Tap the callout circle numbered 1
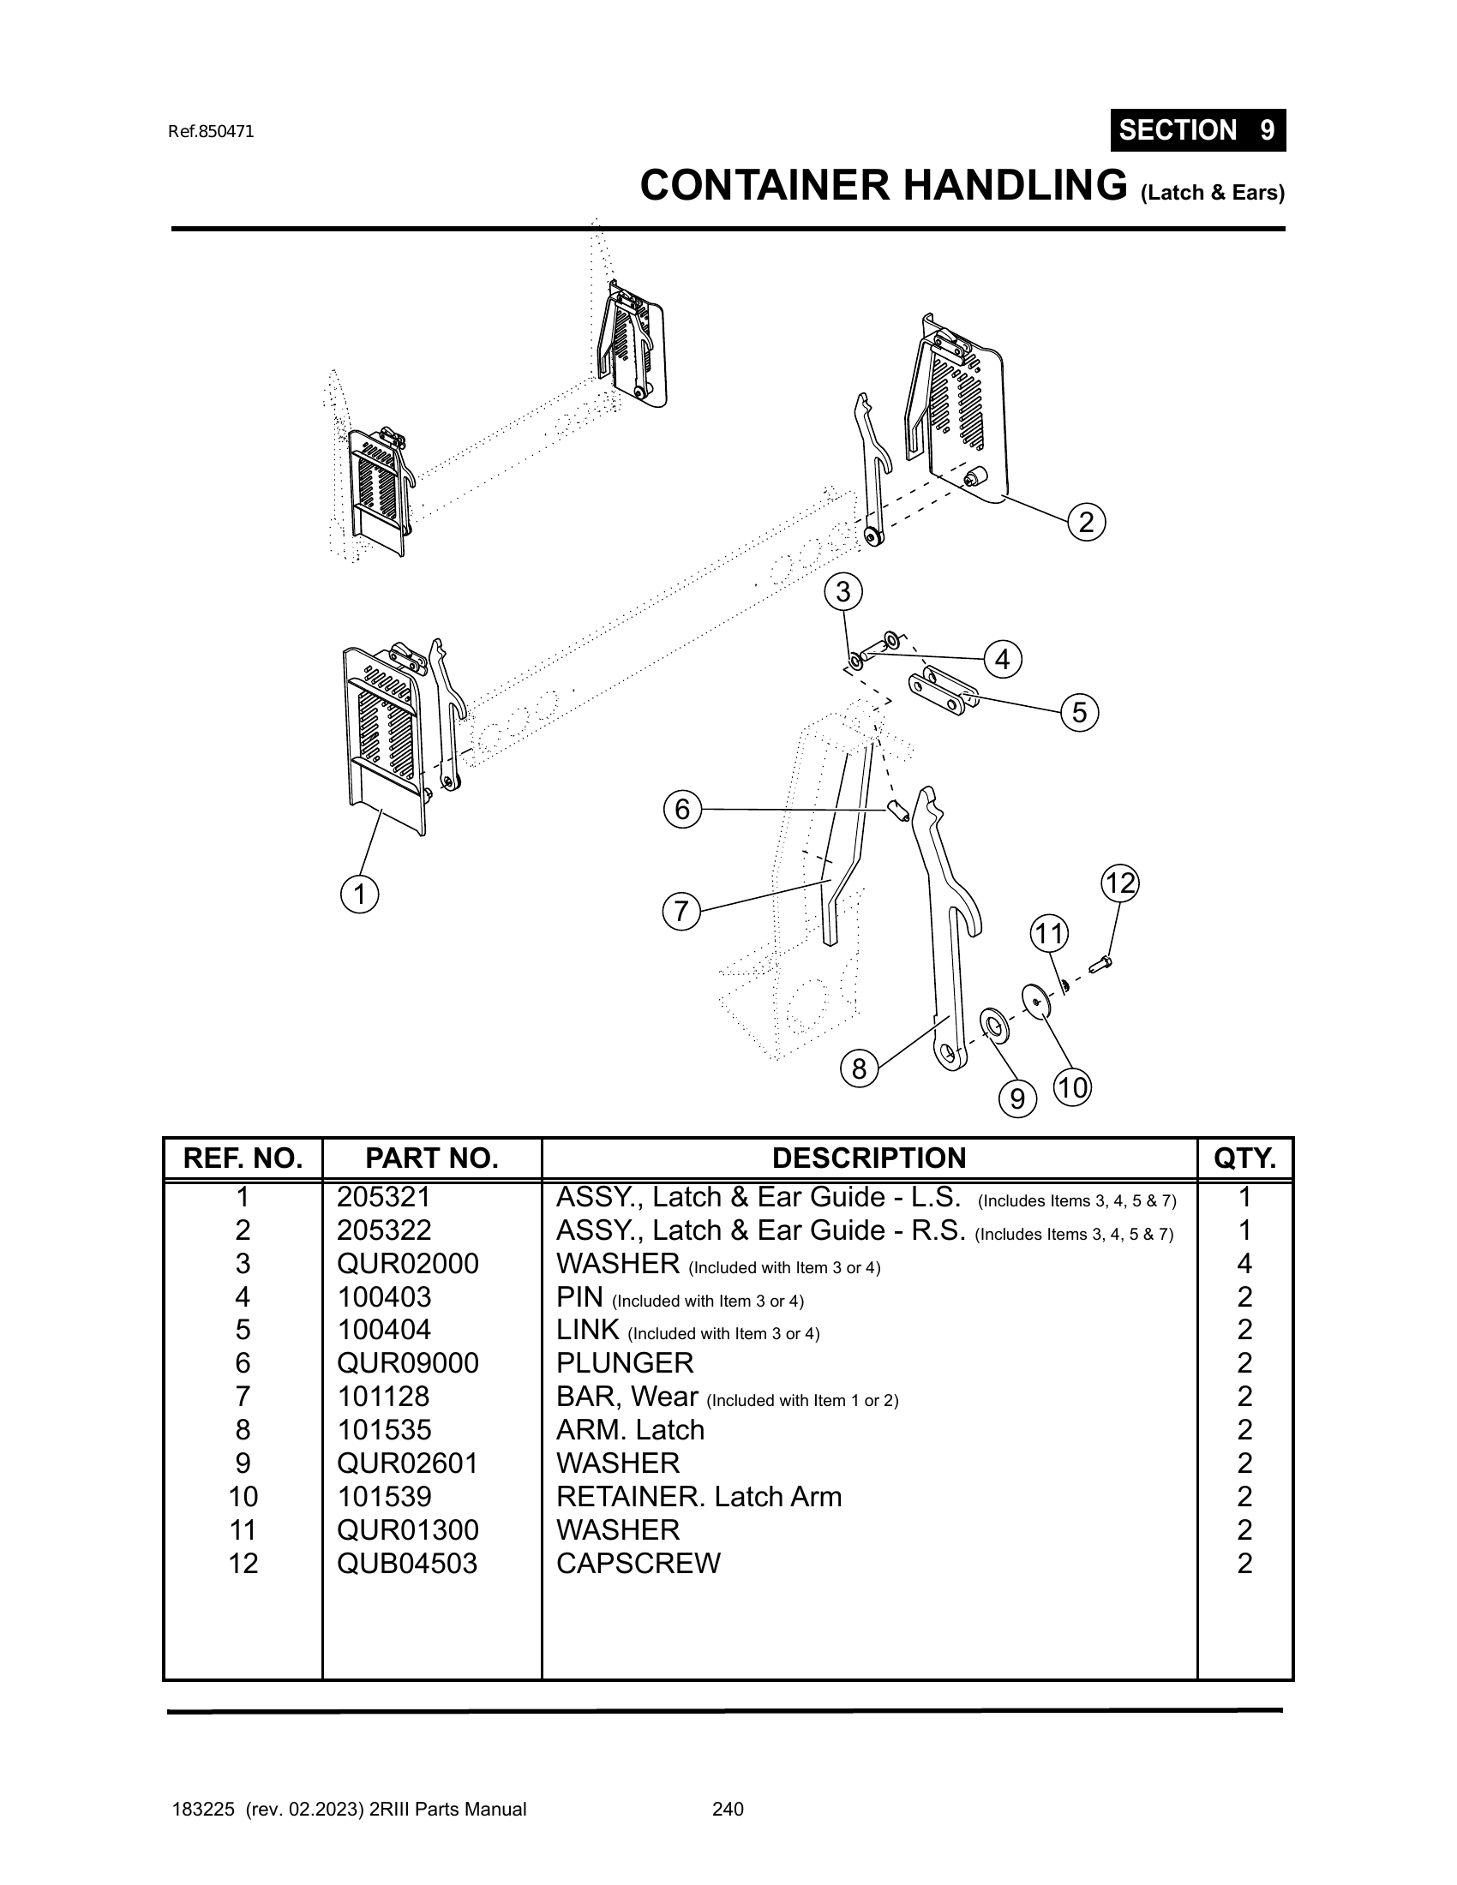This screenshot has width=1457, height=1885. click(x=360, y=895)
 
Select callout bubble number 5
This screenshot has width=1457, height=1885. click(x=1079, y=713)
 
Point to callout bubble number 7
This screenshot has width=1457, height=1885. click(x=681, y=912)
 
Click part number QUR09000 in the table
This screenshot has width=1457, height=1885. click(x=407, y=1363)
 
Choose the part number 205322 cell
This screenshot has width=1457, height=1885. click(x=384, y=1230)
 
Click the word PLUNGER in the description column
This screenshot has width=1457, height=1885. click(x=625, y=1363)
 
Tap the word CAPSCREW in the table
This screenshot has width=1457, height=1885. click(x=638, y=1563)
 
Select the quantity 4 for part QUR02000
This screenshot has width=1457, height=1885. click(x=1244, y=1264)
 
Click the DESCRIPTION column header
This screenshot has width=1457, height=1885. click(x=868, y=1158)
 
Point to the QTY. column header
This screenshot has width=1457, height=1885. click(x=1244, y=1158)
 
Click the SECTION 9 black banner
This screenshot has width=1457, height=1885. click(x=1197, y=130)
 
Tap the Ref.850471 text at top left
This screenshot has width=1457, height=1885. click(x=212, y=132)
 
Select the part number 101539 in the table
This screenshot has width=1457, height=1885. click(x=384, y=1497)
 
